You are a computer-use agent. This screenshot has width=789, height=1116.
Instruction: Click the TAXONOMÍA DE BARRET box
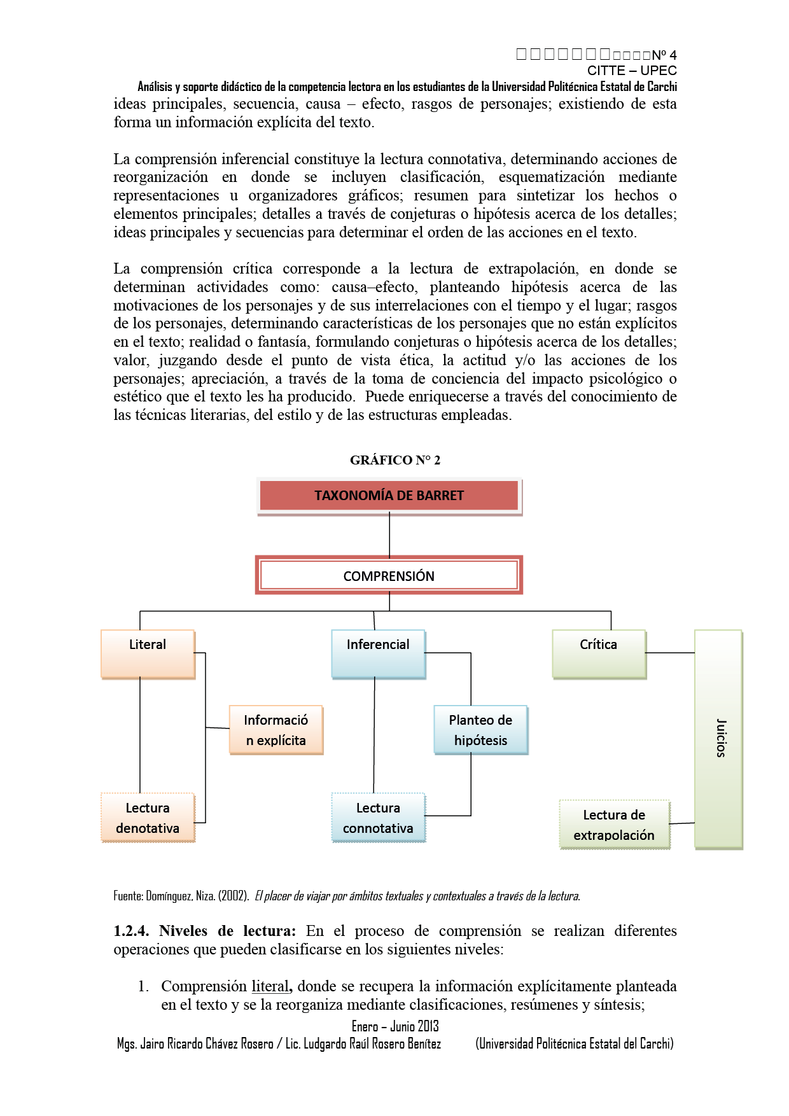tap(389, 496)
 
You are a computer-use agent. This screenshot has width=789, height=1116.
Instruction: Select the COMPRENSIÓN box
tap(389, 576)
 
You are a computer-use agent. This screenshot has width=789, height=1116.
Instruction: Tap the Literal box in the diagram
tap(148, 653)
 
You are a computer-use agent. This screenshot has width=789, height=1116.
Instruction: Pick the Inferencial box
tap(378, 653)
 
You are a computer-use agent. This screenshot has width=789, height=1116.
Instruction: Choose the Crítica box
tap(599, 653)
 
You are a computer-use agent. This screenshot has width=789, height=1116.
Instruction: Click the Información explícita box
tap(276, 730)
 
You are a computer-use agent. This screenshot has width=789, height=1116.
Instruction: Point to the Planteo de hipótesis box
tap(480, 730)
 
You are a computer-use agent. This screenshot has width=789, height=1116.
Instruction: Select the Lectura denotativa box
tap(148, 818)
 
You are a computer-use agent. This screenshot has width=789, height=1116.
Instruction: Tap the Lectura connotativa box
tap(378, 818)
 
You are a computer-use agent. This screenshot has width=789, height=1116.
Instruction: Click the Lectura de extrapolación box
tap(614, 825)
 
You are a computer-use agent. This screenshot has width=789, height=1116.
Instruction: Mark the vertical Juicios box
tap(718, 739)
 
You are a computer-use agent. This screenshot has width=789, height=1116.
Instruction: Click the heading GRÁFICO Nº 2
tap(394, 460)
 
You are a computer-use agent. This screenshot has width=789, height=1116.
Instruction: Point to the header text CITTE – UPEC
tap(631, 71)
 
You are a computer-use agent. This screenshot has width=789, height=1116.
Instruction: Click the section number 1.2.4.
tap(131, 931)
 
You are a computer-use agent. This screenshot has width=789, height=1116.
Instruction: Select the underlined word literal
tap(270, 986)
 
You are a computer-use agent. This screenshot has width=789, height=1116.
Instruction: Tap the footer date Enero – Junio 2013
tap(395, 1026)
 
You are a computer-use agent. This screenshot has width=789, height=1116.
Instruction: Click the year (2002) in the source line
tap(233, 896)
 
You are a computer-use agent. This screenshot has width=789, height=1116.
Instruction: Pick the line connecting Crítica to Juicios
tap(670, 653)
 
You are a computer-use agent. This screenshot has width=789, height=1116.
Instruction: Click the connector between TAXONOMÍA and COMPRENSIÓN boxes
tap(389, 536)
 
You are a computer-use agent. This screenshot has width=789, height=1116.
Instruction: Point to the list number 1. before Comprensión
tap(143, 987)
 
